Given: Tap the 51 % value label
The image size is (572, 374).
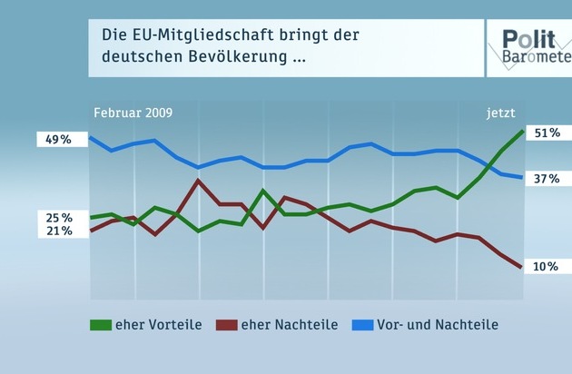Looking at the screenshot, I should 546,133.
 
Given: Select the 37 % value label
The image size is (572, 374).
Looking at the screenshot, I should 546,178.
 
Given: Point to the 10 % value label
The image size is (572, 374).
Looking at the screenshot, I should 545,266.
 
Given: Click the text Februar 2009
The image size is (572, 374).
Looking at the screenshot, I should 133,113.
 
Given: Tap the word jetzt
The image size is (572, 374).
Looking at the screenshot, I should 500,113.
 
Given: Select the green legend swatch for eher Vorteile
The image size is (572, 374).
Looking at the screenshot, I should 100,324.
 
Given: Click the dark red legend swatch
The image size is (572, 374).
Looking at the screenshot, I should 225,324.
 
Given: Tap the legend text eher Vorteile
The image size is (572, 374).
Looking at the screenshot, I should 158,324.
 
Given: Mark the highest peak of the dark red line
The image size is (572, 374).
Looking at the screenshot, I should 198,181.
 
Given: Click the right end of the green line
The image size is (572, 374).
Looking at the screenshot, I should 522,132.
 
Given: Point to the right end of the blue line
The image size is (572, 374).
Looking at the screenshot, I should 522,177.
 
